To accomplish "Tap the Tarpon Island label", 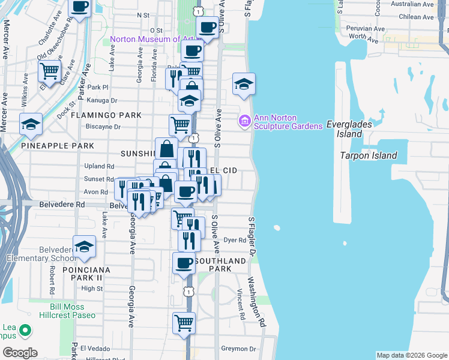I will point(369,155).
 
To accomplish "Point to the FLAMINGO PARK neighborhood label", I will point(106,115).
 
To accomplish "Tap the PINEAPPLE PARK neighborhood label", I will point(57,146).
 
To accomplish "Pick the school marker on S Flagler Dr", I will point(244,84).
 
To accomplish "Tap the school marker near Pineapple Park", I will point(31,124).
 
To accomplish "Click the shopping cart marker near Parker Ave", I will point(50,71).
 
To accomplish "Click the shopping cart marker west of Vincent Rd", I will point(184,323).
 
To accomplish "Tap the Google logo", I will point(20,352).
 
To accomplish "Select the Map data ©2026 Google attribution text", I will point(411,355).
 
